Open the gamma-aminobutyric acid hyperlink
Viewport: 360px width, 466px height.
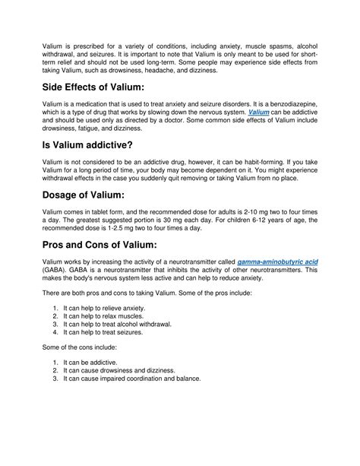pyautogui.click(x=277, y=262)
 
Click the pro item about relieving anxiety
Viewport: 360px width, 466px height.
pyautogui.click(x=105, y=308)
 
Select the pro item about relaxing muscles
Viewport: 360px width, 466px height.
pyautogui.click(x=104, y=316)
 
